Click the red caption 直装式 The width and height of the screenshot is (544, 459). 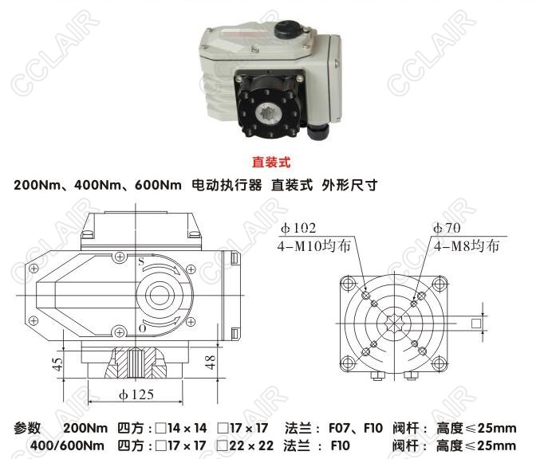271,163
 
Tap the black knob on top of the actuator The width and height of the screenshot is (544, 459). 287,29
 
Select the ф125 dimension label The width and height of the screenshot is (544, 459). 136,394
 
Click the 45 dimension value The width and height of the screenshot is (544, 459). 57,364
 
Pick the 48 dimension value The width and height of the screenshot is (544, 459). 211,362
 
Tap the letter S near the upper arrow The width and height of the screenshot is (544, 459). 141,261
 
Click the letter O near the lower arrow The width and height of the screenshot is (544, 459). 142,328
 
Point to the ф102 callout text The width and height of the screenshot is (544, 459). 298,228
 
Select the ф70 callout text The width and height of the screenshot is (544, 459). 447,228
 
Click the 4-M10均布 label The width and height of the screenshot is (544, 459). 314,245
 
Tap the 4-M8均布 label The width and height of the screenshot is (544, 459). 467,245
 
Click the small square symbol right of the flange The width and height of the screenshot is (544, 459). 476,324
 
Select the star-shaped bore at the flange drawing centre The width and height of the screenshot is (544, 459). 393,324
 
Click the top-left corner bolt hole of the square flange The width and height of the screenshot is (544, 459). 348,283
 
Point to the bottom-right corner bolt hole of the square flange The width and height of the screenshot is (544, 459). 439,364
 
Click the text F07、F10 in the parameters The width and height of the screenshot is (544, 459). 356,428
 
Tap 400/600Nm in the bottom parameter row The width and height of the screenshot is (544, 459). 67,445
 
